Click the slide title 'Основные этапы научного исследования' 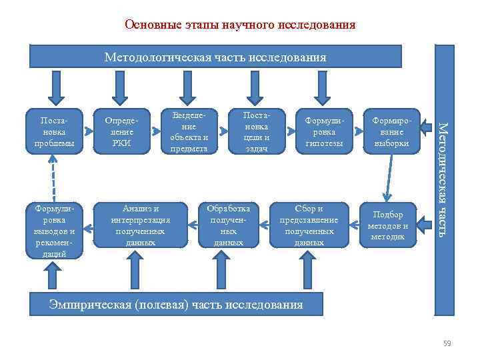240,25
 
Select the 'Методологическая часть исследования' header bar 215,57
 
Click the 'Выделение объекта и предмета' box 189,131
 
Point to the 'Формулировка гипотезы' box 323,131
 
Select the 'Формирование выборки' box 389,131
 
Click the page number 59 447,343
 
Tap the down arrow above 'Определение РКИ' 119,86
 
